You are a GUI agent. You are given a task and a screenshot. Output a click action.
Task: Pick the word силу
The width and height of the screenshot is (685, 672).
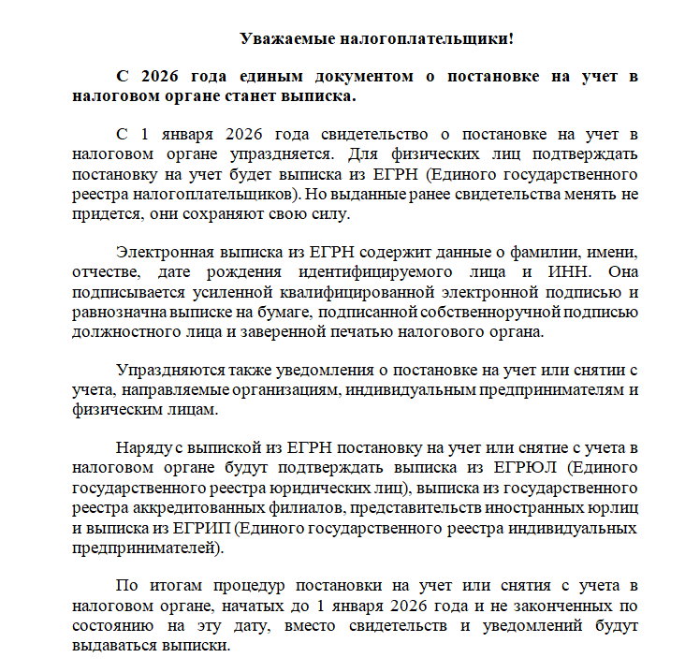click(329, 213)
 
